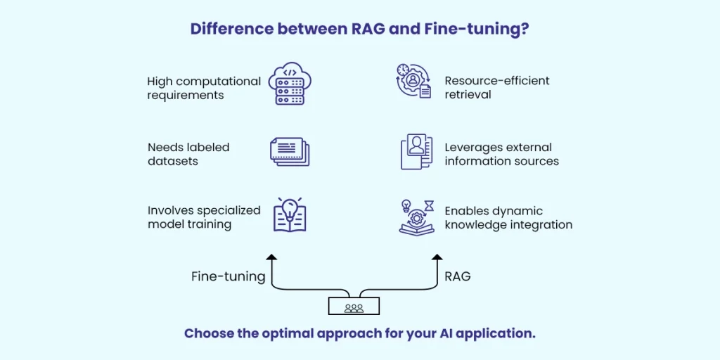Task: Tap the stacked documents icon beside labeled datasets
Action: click(x=289, y=152)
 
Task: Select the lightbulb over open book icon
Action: click(x=289, y=215)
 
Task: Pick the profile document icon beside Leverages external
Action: click(x=416, y=152)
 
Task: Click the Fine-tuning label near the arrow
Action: click(x=228, y=276)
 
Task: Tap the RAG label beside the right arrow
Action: click(x=458, y=276)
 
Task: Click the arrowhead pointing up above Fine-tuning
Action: click(x=271, y=259)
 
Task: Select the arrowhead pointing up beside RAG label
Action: click(x=437, y=259)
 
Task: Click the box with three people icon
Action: click(x=354, y=306)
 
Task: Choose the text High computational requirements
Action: click(x=204, y=88)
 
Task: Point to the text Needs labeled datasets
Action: click(x=188, y=154)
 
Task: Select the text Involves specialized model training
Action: click(x=204, y=217)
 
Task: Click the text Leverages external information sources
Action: click(x=501, y=154)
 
